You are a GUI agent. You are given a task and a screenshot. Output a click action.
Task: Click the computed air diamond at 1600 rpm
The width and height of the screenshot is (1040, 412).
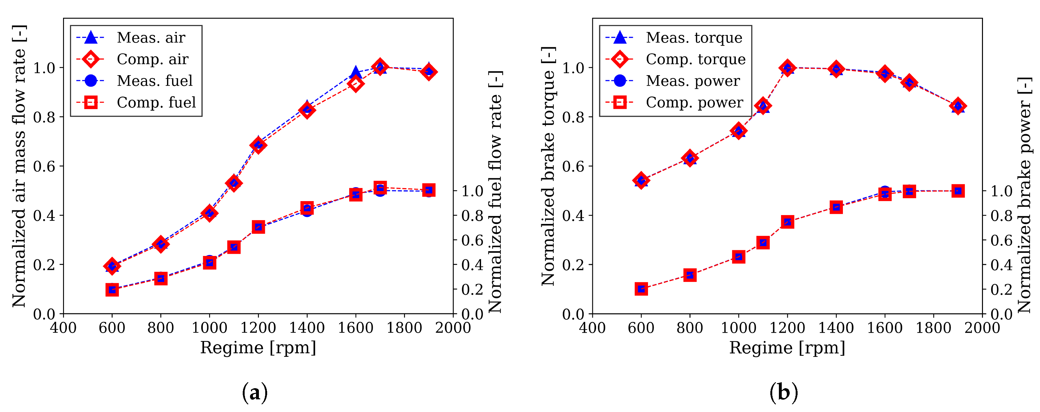[x=356, y=84]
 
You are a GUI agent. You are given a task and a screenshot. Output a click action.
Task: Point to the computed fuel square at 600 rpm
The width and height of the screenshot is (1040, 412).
[x=112, y=290]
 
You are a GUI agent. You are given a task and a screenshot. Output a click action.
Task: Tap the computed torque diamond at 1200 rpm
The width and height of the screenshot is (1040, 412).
[x=787, y=68]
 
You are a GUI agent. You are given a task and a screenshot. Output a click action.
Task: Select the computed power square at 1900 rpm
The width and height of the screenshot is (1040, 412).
[x=958, y=191]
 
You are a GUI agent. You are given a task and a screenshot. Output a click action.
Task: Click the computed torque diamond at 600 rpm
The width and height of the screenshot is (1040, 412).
[x=641, y=180]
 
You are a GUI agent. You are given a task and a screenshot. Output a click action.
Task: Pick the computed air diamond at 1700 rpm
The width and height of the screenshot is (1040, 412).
[x=380, y=67]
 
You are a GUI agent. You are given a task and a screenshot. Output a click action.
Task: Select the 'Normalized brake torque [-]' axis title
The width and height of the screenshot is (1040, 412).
[x=548, y=166]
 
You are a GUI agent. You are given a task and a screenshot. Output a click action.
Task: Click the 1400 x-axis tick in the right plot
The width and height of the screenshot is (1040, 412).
[x=836, y=328]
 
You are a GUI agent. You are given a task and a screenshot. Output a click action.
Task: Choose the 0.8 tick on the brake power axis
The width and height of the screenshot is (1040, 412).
[x=1002, y=216]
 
